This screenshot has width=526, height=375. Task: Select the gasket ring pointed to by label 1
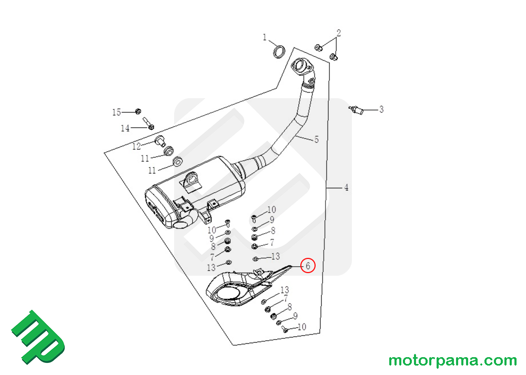click(280, 51)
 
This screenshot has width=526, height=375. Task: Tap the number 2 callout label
click(339, 33)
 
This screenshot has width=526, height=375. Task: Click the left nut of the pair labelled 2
click(319, 48)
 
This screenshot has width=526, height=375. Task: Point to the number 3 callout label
click(381, 110)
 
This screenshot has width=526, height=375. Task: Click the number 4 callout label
click(346, 187)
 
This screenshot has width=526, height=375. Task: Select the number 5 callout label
click(316, 140)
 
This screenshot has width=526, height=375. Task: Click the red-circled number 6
click(308, 266)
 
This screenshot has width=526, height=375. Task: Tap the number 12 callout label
click(136, 146)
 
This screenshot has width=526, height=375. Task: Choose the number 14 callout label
click(125, 128)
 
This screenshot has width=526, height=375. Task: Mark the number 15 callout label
click(116, 112)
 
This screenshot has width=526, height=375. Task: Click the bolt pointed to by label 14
click(148, 123)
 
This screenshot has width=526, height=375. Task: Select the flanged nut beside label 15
click(138, 111)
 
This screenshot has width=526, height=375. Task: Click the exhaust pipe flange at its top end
click(301, 67)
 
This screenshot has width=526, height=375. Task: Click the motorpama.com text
click(452, 361)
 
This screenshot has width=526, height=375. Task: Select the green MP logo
click(38, 337)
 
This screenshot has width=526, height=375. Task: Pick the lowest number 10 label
click(301, 327)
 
